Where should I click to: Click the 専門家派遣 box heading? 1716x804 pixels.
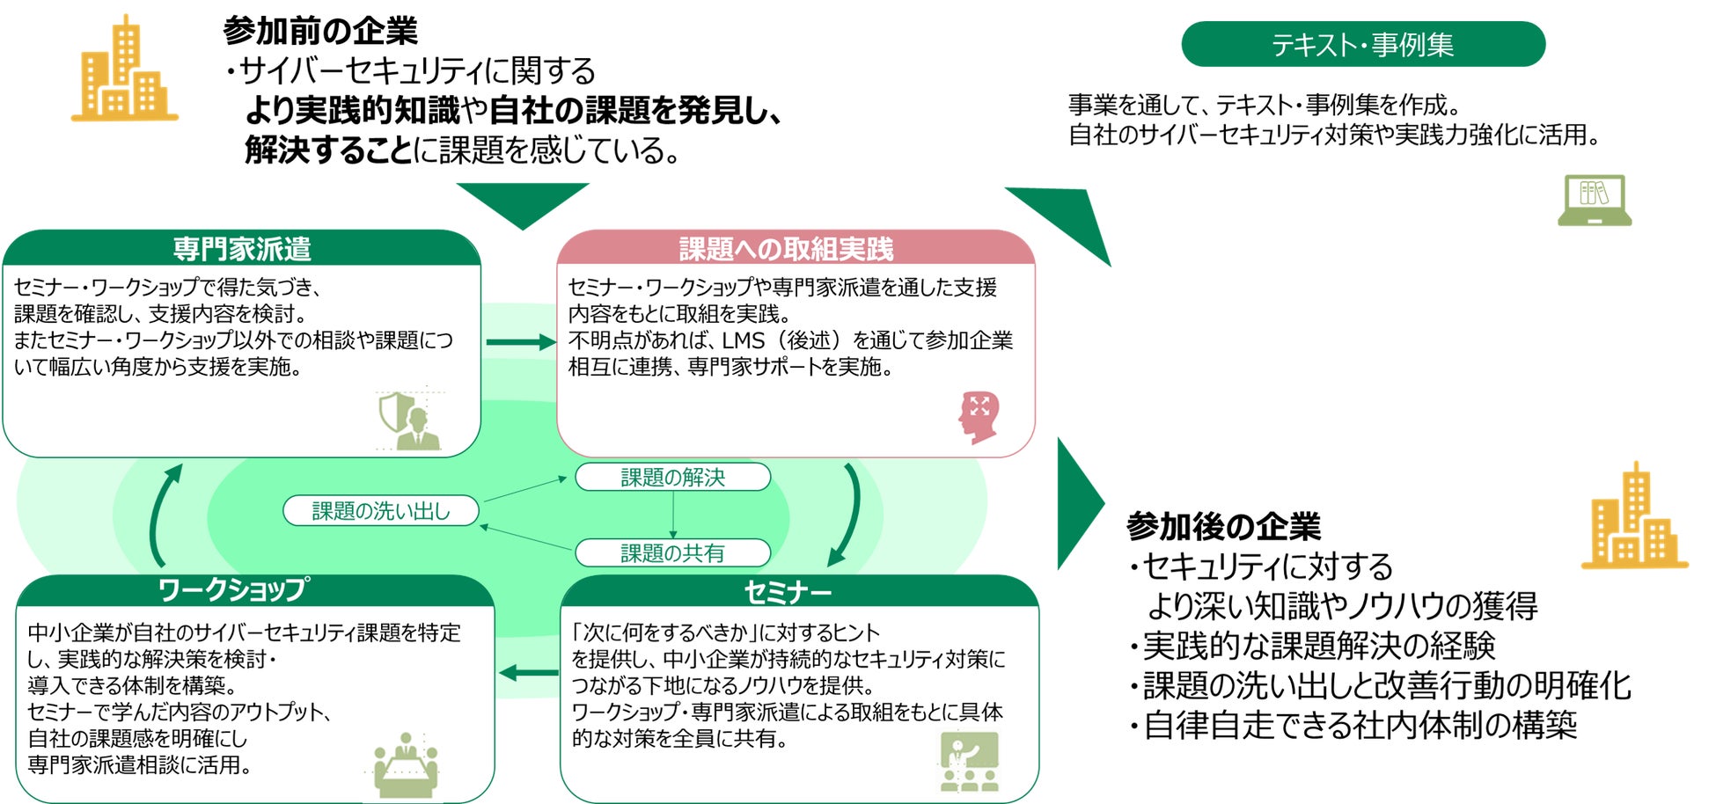click(242, 249)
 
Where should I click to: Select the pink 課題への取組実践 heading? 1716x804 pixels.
click(786, 249)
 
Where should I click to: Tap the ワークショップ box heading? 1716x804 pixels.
click(233, 590)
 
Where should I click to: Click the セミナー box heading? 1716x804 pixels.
click(788, 592)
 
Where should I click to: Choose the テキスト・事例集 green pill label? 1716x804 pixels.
click(1362, 44)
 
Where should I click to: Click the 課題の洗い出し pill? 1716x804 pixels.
click(381, 511)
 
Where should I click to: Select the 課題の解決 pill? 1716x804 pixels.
click(672, 478)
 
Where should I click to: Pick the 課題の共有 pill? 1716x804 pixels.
click(672, 553)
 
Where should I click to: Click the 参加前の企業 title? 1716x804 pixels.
click(320, 31)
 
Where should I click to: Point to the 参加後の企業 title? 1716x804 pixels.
click(1224, 526)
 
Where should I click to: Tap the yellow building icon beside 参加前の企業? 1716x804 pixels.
click(124, 70)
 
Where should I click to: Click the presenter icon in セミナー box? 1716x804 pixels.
click(969, 762)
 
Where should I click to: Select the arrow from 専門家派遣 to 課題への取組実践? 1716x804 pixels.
click(520, 342)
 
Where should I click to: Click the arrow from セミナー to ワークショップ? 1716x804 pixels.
click(528, 674)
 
